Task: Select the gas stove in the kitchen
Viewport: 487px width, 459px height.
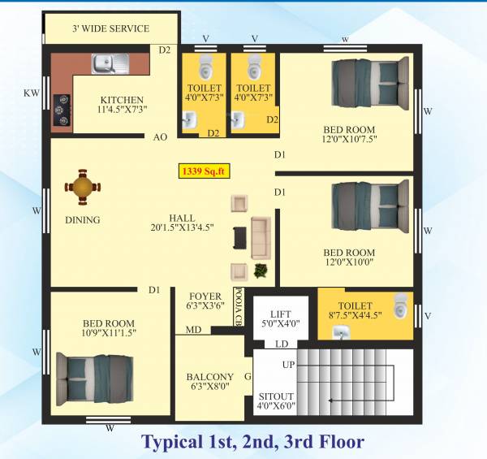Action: click(x=62, y=112)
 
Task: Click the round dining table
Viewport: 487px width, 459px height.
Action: click(x=84, y=187)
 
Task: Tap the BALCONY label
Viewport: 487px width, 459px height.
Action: click(x=209, y=377)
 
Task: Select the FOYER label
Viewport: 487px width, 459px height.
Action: click(x=205, y=296)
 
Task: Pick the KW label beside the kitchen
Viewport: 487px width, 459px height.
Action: click(x=32, y=93)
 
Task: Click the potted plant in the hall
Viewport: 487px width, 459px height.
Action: click(x=261, y=269)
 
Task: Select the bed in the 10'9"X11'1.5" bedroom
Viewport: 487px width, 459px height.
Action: click(x=93, y=378)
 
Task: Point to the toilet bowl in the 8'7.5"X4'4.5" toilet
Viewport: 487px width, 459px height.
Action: click(x=398, y=306)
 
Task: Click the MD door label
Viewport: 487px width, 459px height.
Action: click(x=193, y=330)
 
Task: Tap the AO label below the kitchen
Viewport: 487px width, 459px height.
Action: click(x=161, y=137)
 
